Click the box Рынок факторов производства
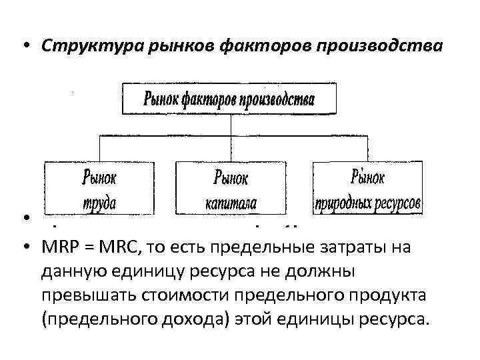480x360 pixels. [x=229, y=98]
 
